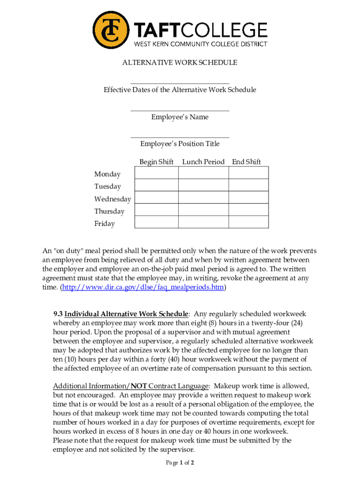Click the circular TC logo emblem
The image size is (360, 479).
pos(111,30)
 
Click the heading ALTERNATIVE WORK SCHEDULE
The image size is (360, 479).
pos(180,63)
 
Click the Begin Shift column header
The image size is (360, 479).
pos(156,162)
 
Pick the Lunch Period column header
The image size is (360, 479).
pos(203,162)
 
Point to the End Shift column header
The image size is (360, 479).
pos(246,162)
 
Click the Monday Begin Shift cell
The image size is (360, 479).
pos(156,173)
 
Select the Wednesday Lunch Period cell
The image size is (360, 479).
pos(203,197)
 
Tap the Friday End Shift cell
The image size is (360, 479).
pos(248,222)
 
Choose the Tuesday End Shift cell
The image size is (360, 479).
pos(248,185)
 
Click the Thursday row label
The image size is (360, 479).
pos(109,211)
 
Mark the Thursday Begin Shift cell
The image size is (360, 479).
pos(156,210)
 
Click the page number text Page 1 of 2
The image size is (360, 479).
pos(180,463)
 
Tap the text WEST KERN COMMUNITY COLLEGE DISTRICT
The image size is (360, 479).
pos(201,44)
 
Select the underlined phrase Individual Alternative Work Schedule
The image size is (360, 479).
pos(126,314)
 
